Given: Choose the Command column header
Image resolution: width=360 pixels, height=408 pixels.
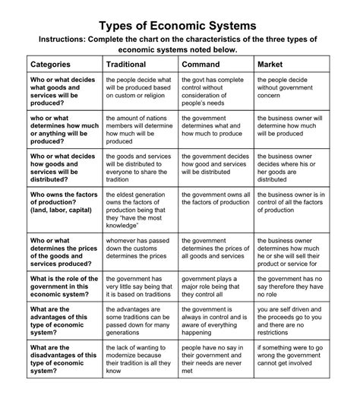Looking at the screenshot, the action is [201, 65].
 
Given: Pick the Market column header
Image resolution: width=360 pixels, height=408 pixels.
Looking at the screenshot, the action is [270, 65].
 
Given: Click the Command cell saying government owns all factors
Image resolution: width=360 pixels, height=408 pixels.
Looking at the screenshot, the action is [216, 198].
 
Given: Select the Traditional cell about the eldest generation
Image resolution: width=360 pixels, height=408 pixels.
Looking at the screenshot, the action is [140, 208].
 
